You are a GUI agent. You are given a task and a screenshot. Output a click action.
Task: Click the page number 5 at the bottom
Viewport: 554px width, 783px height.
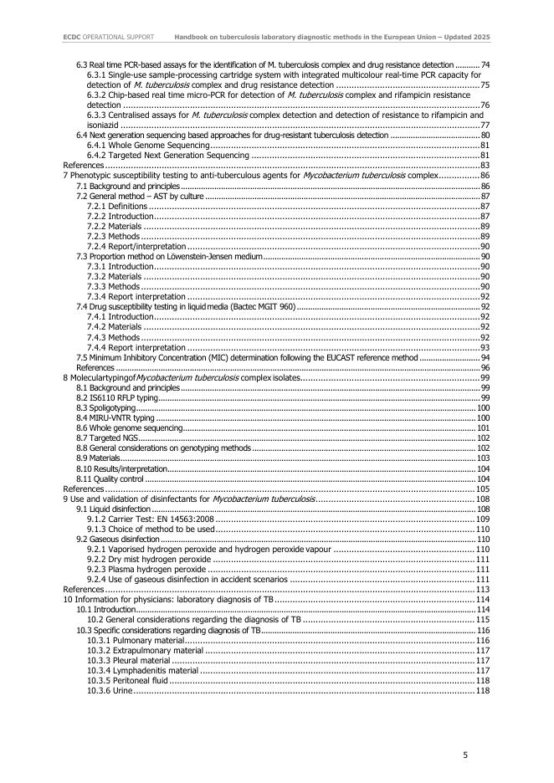pos(465,755)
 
